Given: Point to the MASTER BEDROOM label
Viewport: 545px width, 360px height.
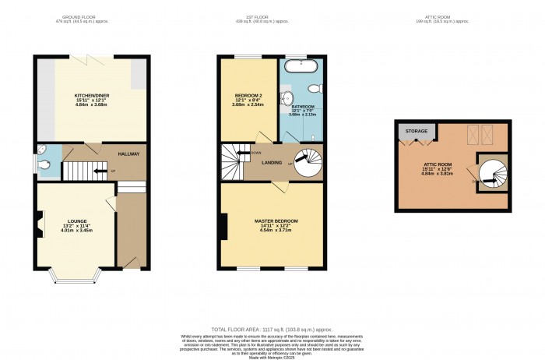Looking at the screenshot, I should click(276, 221).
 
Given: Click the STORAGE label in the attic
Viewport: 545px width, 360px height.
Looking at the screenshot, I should click(416, 132).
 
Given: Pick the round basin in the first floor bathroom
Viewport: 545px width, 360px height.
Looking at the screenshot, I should click(286, 97).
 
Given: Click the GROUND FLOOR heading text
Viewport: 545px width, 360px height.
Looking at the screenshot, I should click(81, 16).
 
